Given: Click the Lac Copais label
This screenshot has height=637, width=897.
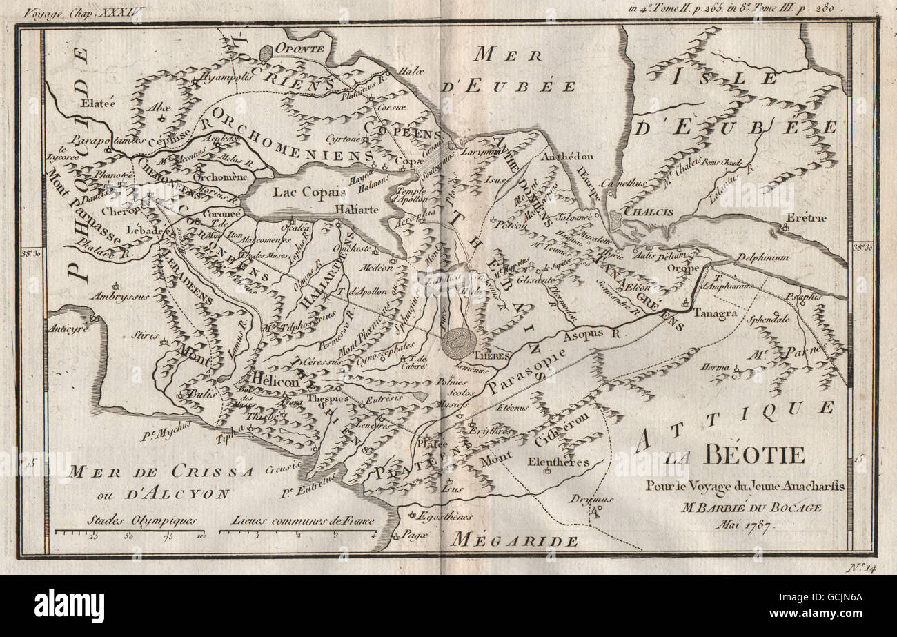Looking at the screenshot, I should [302, 192].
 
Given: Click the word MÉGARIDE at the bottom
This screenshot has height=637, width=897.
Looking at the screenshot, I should [515, 541].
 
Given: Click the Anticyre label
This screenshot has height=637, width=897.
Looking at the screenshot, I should [68, 329].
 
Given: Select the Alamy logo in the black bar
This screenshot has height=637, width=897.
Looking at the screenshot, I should [69, 606].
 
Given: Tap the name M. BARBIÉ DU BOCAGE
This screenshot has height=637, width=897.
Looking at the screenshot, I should [742, 507].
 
